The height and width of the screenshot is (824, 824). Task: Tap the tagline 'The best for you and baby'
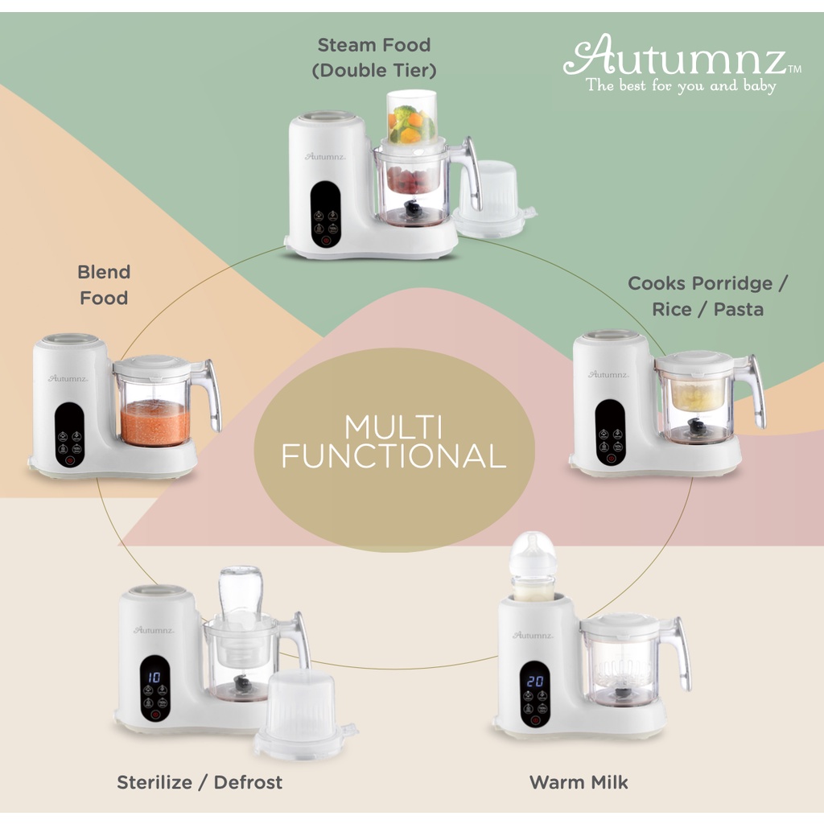coord(681,85)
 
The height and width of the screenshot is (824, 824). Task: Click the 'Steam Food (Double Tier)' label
coord(374,57)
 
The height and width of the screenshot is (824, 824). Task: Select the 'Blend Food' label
coord(104,285)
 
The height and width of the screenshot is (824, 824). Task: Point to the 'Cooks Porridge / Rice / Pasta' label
coord(708,296)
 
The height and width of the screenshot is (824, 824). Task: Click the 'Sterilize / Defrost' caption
coord(200,781)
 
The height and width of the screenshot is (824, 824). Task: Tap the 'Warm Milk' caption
coord(579,781)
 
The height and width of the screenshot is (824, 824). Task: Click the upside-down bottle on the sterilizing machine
coord(240,595)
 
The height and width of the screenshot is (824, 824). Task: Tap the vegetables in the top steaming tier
coord(411,123)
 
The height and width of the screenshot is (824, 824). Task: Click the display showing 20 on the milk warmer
coord(535,681)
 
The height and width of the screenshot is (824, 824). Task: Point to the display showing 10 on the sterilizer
coord(154,678)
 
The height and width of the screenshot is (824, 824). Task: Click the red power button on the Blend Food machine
coord(69,461)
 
